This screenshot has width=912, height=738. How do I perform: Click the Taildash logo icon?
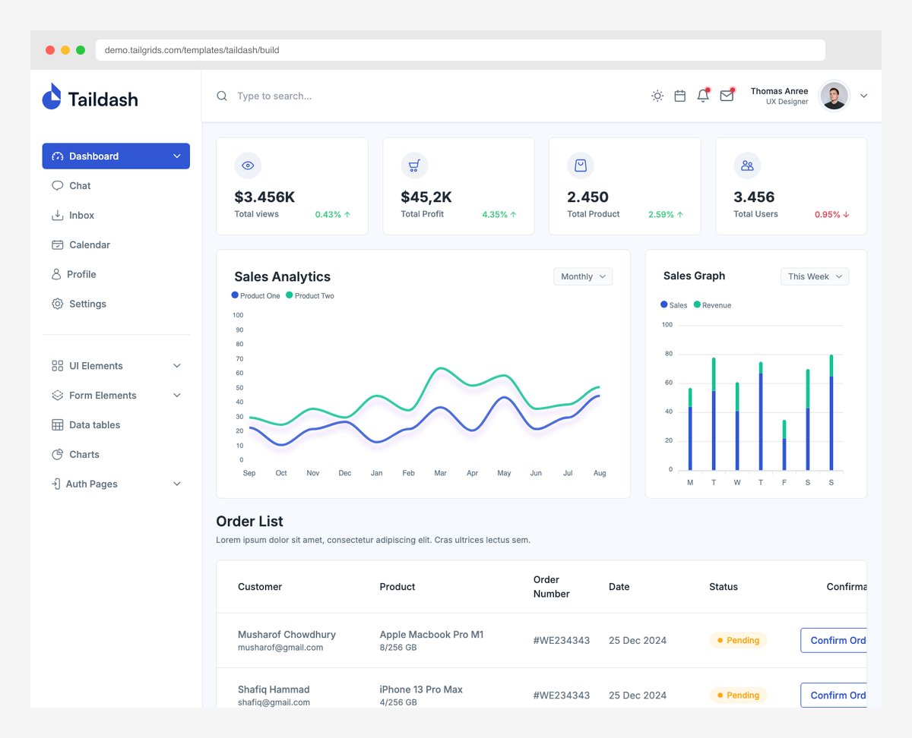click(x=52, y=96)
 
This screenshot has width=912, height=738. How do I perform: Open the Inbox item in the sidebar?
click(x=81, y=216)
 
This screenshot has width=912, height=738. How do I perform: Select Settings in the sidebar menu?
click(x=87, y=304)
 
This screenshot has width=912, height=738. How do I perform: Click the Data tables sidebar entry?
click(x=94, y=425)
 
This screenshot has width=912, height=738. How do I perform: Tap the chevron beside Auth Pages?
click(x=177, y=484)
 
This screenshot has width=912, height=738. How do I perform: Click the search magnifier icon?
click(x=222, y=96)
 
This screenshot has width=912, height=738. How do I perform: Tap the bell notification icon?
click(x=703, y=96)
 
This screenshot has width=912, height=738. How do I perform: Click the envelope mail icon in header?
click(x=727, y=96)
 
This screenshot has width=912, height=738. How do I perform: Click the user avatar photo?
click(x=834, y=96)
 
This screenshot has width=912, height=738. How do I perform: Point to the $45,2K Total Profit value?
click(x=426, y=197)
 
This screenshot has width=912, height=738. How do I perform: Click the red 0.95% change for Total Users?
click(x=832, y=215)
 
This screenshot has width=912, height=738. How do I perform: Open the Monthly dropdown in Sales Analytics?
click(x=583, y=276)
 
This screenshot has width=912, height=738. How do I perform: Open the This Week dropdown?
click(x=815, y=276)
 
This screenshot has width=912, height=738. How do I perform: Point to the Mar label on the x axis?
click(x=440, y=473)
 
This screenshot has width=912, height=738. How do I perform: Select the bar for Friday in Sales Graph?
click(x=784, y=448)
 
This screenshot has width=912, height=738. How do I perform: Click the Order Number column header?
click(x=551, y=587)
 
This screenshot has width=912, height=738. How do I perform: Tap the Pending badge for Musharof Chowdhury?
click(x=738, y=641)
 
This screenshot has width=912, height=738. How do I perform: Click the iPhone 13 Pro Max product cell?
click(x=421, y=690)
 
